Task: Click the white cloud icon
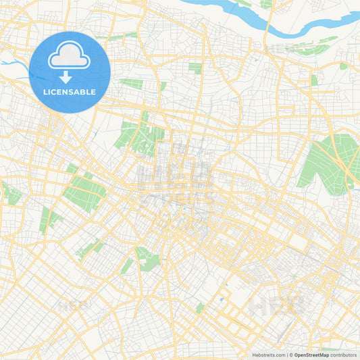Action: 70,56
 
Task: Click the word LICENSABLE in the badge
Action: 70,91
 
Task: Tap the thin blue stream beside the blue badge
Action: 17,68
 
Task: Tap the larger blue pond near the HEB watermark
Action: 222,281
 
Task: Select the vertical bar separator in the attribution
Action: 288,355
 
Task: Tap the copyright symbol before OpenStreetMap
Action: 293,355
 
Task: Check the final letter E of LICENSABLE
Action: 93,91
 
